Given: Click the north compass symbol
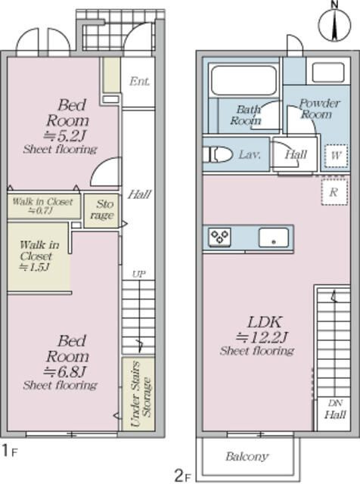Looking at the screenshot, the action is (335, 23).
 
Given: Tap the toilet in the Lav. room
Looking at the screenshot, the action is (218, 154).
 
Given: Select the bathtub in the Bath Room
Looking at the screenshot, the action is (244, 80).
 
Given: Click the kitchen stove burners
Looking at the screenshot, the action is (219, 237).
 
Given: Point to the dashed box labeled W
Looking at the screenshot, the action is (336, 156).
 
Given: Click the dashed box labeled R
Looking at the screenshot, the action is (334, 191).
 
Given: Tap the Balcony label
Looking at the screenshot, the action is (247, 456).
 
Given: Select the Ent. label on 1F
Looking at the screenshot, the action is (139, 81).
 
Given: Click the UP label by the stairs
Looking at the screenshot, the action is (138, 274).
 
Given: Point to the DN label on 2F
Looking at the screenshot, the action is (335, 403).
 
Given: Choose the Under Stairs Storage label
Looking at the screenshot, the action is (141, 393).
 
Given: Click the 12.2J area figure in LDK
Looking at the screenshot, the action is (262, 337).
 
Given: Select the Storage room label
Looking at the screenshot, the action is (102, 209).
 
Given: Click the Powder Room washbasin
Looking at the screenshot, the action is (328, 73).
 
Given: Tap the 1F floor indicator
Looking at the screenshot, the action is (10, 451).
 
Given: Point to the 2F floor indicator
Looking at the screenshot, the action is (183, 476).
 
